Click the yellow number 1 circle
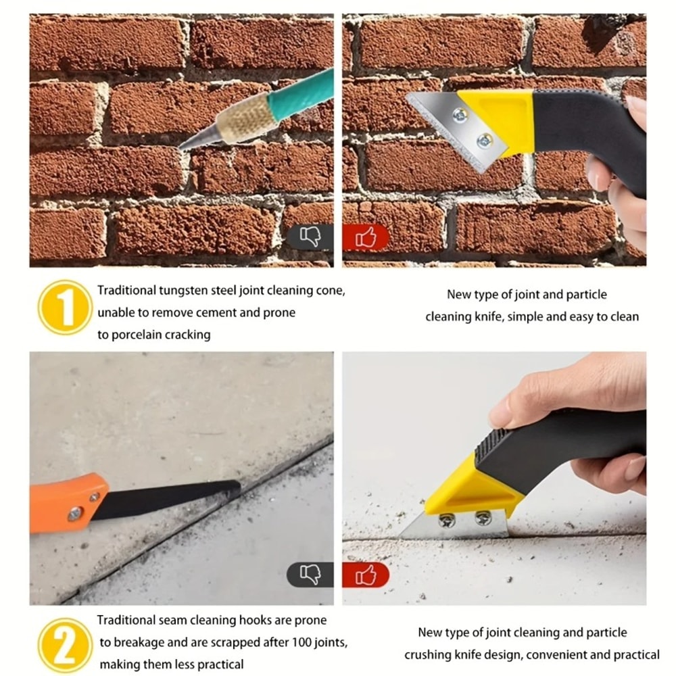65,308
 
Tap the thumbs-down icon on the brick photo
310,237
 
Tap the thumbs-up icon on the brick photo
366,237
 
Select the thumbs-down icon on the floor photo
310,575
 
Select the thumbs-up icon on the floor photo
366,575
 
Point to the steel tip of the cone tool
193,141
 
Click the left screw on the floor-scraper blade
445,520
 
